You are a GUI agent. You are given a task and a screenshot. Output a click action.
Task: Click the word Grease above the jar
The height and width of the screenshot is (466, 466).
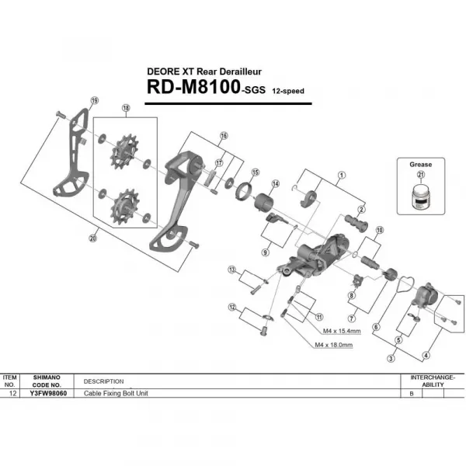click(x=420, y=165)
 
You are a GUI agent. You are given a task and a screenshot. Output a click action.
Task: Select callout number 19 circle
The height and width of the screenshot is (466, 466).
click(x=94, y=101)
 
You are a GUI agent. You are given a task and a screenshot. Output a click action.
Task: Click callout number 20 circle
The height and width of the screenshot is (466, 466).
click(x=93, y=238)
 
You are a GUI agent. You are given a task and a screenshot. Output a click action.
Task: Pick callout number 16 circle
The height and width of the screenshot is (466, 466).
click(x=224, y=135)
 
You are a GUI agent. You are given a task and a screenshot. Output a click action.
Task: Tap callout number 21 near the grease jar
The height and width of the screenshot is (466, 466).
click(x=420, y=176)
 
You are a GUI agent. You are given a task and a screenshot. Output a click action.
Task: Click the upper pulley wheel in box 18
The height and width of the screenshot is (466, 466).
click(x=123, y=150)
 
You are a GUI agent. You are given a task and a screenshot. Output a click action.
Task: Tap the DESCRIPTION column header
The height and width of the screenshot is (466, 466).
click(x=103, y=381)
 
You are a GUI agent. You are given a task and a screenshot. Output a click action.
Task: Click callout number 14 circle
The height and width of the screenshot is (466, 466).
click(x=274, y=183)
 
